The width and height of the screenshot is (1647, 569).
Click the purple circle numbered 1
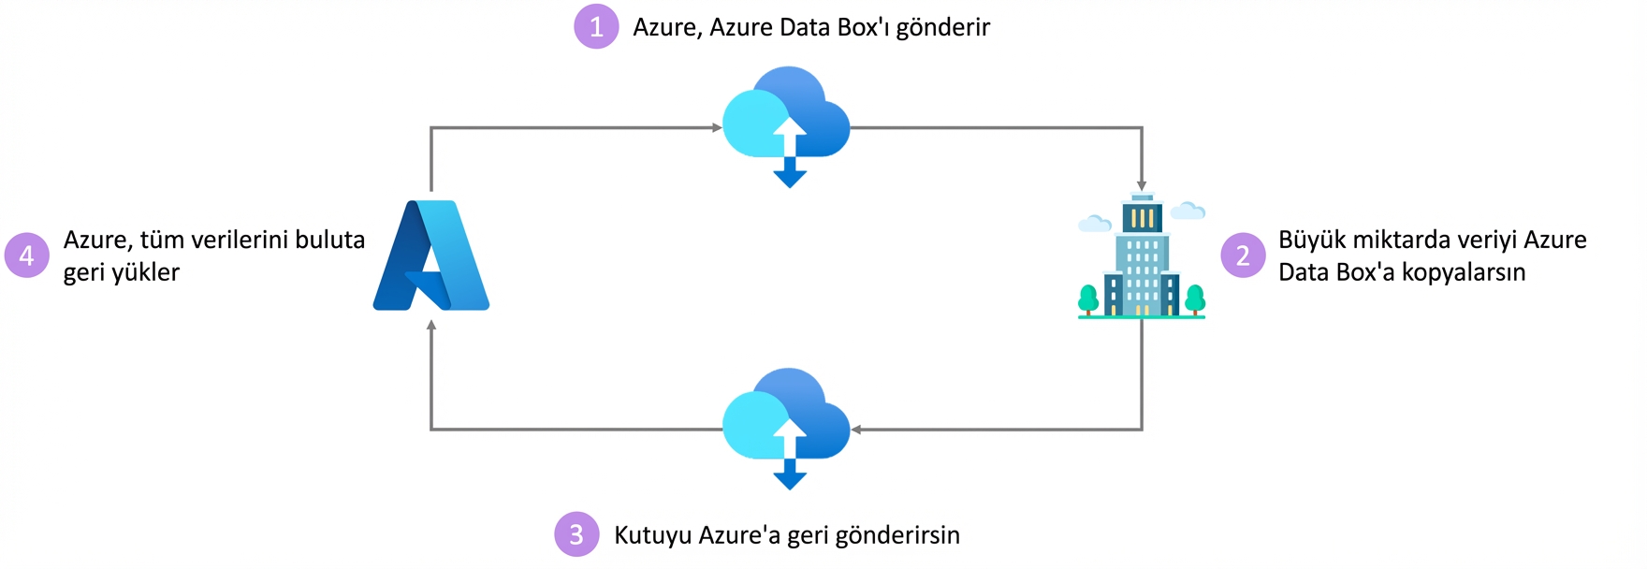tap(596, 26)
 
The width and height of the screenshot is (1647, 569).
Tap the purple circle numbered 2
tap(1243, 255)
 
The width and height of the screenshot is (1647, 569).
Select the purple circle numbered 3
tap(576, 534)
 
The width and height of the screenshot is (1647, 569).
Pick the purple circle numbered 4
tap(27, 255)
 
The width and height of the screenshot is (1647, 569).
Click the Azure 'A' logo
tap(431, 255)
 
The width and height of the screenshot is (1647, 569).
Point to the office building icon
tap(1142, 255)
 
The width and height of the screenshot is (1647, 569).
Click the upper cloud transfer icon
tap(787, 123)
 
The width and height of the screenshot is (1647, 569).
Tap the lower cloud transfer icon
tap(787, 425)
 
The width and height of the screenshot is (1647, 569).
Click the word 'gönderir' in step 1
tap(942, 28)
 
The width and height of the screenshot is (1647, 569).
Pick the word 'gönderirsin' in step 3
tap(896, 535)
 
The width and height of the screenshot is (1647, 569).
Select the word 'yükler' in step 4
tap(145, 273)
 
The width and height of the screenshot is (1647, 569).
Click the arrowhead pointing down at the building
tap(1142, 185)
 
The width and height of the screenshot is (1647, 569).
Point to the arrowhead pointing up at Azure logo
tap(431, 326)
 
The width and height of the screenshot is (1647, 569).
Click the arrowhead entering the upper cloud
tap(716, 127)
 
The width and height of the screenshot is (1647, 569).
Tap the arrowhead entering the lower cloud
tap(856, 430)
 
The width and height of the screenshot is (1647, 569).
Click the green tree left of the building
tap(1088, 299)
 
